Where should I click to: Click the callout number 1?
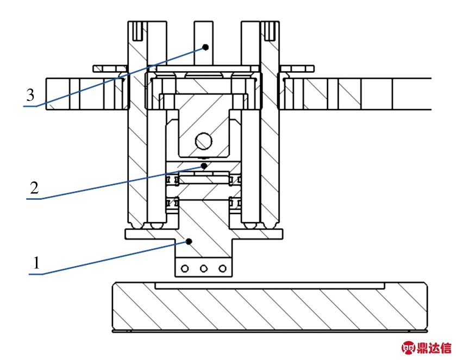(36, 263)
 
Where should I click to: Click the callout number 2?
(34, 188)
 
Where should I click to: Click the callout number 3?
(30, 96)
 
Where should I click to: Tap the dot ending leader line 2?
(204, 165)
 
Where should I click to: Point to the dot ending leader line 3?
(206, 47)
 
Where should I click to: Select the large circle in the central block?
(204, 141)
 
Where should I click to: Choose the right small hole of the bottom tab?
(221, 268)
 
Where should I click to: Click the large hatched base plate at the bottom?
(268, 307)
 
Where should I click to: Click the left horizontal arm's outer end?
(54, 94)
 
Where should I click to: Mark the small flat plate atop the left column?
(109, 68)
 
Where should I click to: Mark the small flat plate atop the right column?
(297, 68)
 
